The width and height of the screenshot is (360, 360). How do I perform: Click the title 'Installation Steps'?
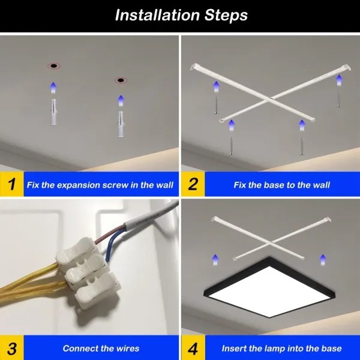point(181,15)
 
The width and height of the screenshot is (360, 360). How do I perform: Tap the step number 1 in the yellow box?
point(11,184)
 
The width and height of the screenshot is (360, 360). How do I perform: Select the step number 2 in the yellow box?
point(193,184)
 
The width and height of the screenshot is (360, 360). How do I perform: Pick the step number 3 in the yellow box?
point(11,348)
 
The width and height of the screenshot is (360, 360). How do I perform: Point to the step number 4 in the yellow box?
point(193,348)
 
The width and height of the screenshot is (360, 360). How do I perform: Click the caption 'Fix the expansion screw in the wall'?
point(100,185)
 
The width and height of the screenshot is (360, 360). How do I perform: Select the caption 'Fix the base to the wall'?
point(281,185)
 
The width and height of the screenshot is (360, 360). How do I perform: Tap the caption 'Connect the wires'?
point(101,348)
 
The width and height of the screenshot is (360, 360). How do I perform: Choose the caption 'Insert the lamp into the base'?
point(281,348)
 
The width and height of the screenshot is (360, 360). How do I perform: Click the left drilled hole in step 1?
point(53,65)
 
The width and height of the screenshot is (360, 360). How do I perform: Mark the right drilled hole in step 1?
point(121,80)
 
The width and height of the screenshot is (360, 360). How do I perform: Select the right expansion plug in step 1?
point(121,123)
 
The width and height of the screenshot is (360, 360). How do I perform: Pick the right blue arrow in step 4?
point(322,260)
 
